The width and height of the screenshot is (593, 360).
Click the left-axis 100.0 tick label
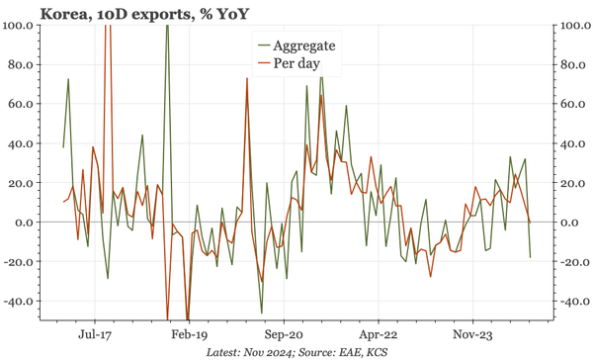coord(18,25)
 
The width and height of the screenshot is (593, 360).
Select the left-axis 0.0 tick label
coord(25,223)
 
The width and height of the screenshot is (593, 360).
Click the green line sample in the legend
coord(263,45)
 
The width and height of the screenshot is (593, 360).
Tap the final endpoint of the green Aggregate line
coord(530,257)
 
